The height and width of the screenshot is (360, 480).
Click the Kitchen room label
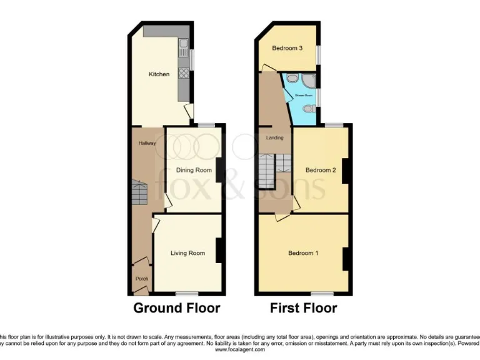pos(159,74)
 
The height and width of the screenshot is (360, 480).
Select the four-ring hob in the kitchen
pos(184,74)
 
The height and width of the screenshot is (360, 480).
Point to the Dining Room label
pos(193,170)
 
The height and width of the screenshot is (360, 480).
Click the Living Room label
pos(188,253)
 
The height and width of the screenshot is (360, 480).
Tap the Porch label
pos(140,279)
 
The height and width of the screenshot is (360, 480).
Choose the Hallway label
pos(147,143)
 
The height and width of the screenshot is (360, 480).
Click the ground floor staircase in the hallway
pos(139,193)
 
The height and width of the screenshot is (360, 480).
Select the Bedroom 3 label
pos(287,48)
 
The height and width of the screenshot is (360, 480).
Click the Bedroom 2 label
pos(321,170)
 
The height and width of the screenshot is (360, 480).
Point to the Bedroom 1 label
pos(303,253)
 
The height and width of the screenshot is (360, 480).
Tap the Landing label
pos(274,137)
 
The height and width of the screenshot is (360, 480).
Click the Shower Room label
pos(304,96)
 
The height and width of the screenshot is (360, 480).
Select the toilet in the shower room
pos(307,109)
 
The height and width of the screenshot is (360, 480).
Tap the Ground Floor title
pos(177,308)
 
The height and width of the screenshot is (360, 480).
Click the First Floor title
pos(303,308)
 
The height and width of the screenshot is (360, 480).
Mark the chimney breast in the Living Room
pos(220,251)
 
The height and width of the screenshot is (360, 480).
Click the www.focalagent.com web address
pos(240,350)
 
